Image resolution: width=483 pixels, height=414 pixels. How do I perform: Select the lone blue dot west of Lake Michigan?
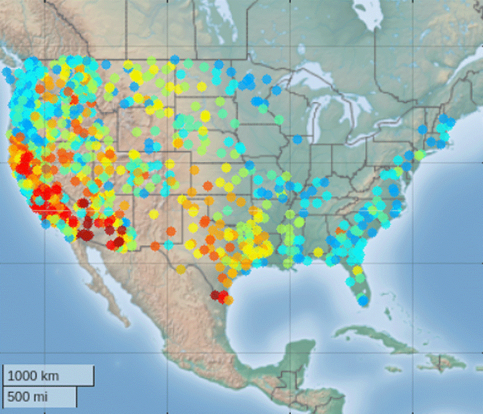tap(297, 139)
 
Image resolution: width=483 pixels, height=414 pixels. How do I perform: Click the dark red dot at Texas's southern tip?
tap(216, 295)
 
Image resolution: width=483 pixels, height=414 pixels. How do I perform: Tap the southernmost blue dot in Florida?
tap(363, 301)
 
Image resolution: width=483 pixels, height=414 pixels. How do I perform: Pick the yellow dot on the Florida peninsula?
tap(357, 270)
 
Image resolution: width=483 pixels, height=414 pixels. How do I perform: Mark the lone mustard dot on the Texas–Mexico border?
tap(180, 269)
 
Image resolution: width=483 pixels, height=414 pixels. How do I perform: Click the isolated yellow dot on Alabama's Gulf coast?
tap(318, 252)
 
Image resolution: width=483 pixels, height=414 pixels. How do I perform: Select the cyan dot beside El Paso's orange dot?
tap(169, 245)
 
